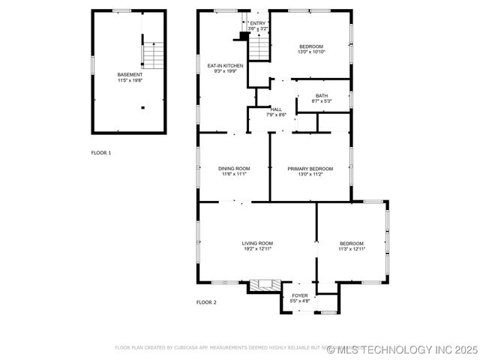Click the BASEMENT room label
130,74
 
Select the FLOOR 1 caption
101,153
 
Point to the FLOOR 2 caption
206,302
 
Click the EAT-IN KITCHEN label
225,66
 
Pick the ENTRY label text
258,23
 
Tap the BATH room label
322,95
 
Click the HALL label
277,109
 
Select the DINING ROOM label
233,168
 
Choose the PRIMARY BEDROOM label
310,168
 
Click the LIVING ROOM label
257,243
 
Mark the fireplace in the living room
265,284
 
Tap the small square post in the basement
142,107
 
